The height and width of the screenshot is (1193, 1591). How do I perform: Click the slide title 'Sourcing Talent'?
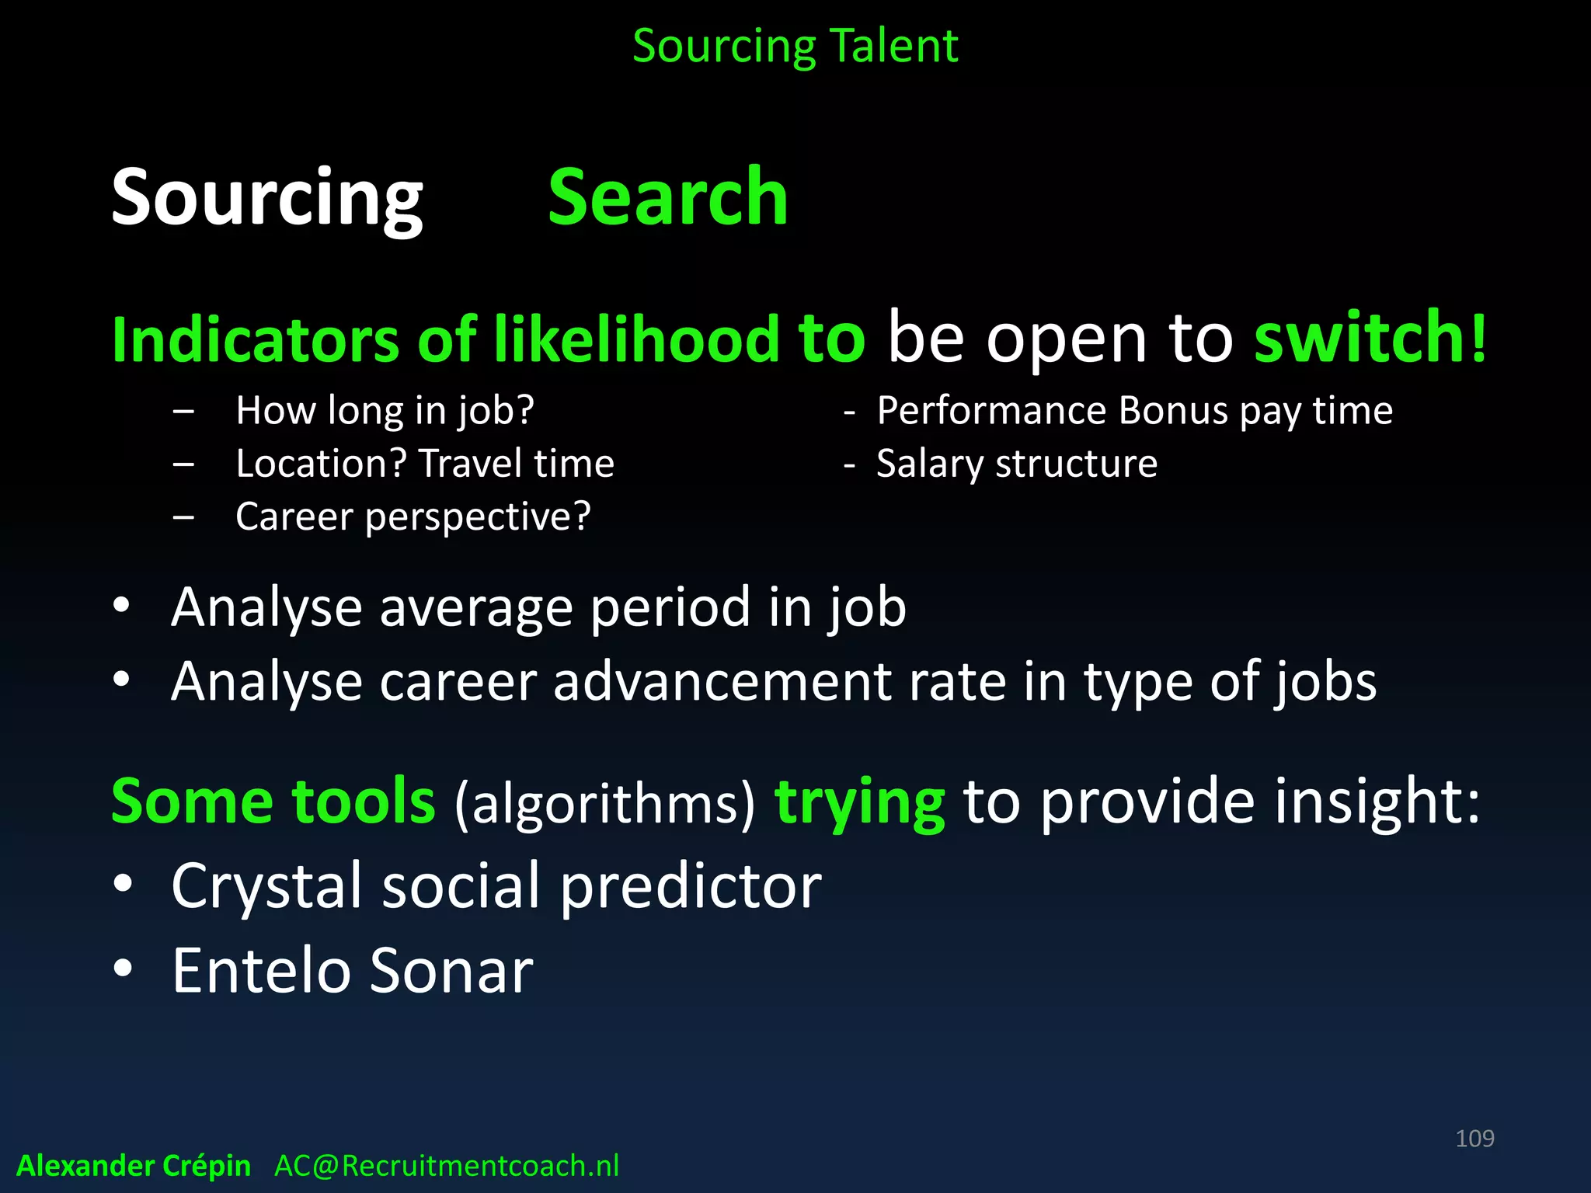[795, 47]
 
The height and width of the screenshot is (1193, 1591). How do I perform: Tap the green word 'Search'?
[667, 198]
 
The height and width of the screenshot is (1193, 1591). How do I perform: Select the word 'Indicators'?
[256, 339]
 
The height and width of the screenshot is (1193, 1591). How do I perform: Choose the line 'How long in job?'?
[385, 411]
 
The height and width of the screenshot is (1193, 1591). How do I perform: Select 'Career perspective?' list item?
[413, 517]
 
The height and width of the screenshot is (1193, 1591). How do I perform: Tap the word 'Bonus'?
[1173, 411]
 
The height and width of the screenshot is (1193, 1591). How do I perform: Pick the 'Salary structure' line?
[1016, 464]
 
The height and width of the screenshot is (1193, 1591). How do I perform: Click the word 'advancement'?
[722, 682]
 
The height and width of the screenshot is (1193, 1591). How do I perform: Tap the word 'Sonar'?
[451, 971]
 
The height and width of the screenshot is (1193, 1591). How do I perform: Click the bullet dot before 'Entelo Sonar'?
[122, 969]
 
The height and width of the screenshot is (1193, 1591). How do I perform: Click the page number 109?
[1474, 1139]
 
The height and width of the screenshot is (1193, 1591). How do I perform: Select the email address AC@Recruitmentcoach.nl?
[447, 1166]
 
